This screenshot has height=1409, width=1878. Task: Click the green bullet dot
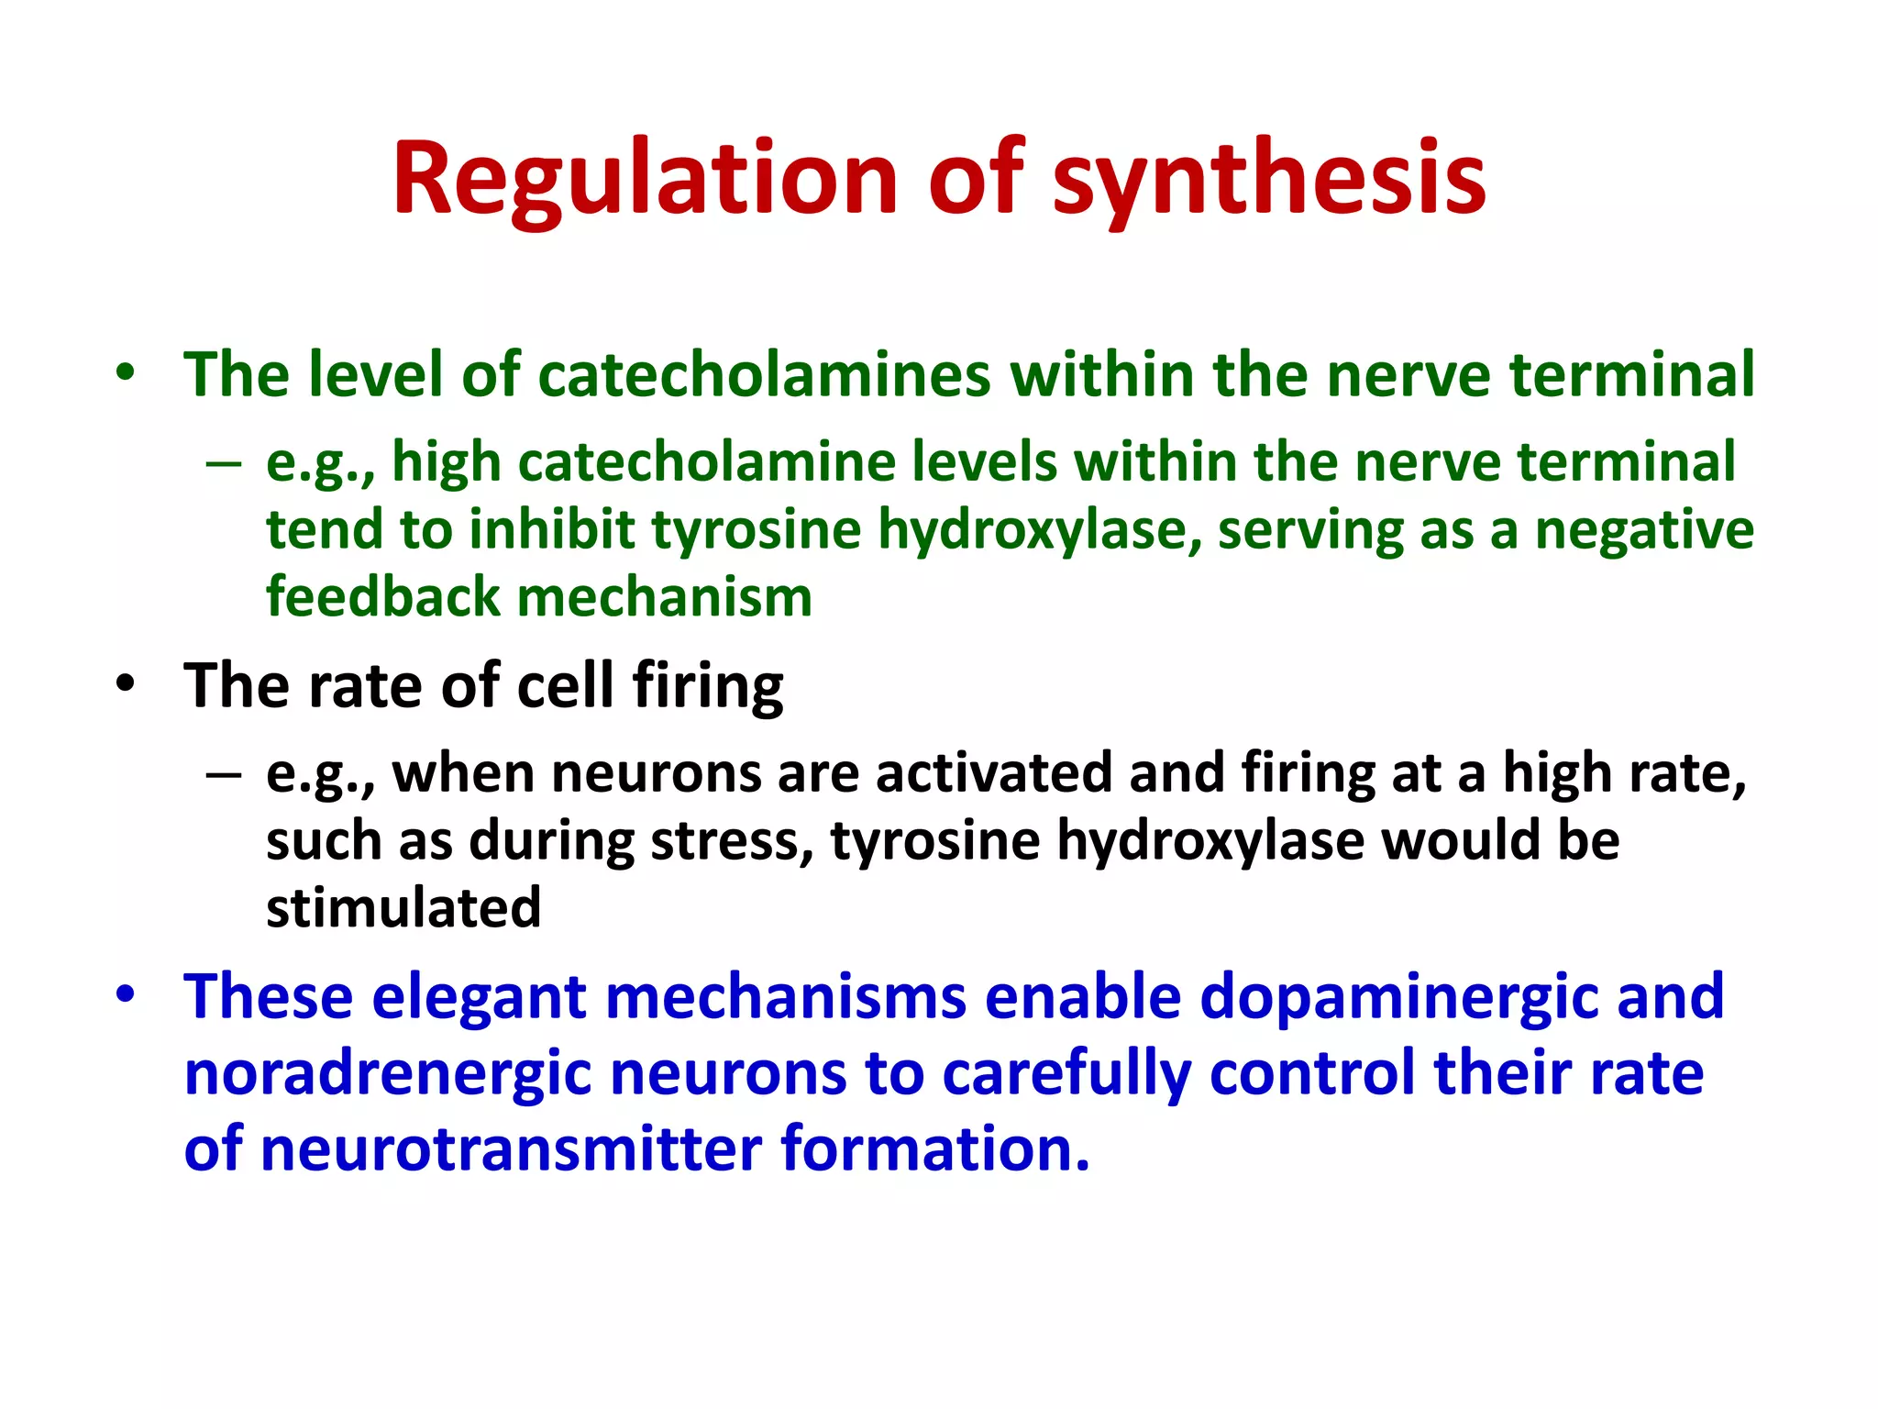(x=126, y=373)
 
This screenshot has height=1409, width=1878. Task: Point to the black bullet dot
(x=126, y=684)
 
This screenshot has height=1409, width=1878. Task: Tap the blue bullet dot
(x=126, y=995)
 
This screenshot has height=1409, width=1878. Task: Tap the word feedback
(x=382, y=597)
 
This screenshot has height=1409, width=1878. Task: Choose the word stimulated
(x=403, y=908)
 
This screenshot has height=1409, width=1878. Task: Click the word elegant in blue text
(x=479, y=997)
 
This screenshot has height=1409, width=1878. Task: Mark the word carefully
(x=1066, y=1073)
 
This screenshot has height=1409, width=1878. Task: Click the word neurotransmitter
(x=511, y=1149)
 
